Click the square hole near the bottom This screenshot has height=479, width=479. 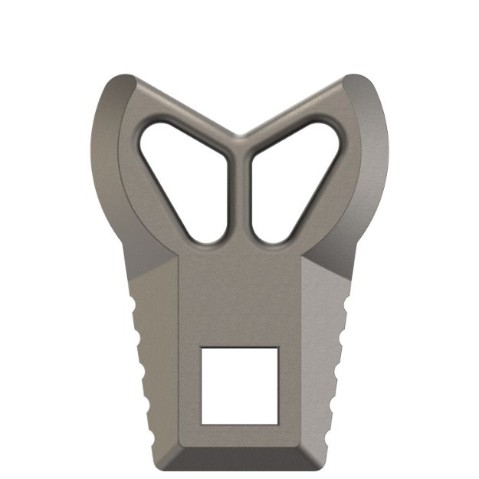pos(238,385)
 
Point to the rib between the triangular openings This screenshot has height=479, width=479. pos(238,192)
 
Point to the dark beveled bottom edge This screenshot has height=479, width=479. pos(238,458)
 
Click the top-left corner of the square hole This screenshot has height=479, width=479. pos(201,348)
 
